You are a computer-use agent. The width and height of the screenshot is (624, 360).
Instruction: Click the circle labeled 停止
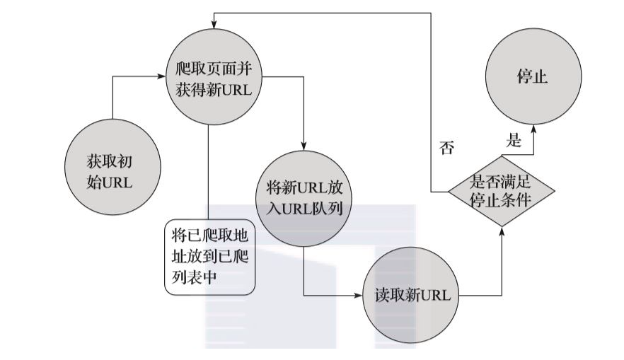click(533, 76)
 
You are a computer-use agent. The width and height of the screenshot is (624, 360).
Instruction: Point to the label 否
click(446, 148)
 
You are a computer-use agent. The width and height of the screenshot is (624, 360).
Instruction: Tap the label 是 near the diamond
click(514, 140)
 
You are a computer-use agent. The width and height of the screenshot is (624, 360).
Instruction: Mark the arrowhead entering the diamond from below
click(501, 231)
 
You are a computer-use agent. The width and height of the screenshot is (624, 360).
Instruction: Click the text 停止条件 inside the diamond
click(500, 200)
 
